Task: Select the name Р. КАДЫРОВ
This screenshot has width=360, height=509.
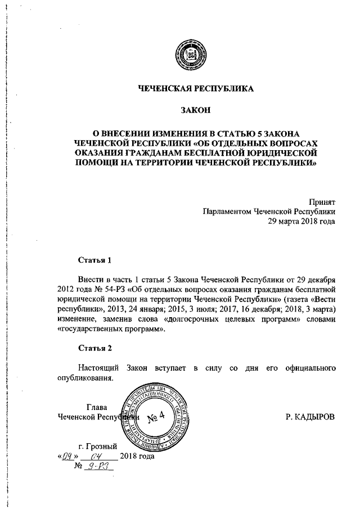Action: (310, 417)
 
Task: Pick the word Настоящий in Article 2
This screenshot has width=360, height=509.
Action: (98, 368)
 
